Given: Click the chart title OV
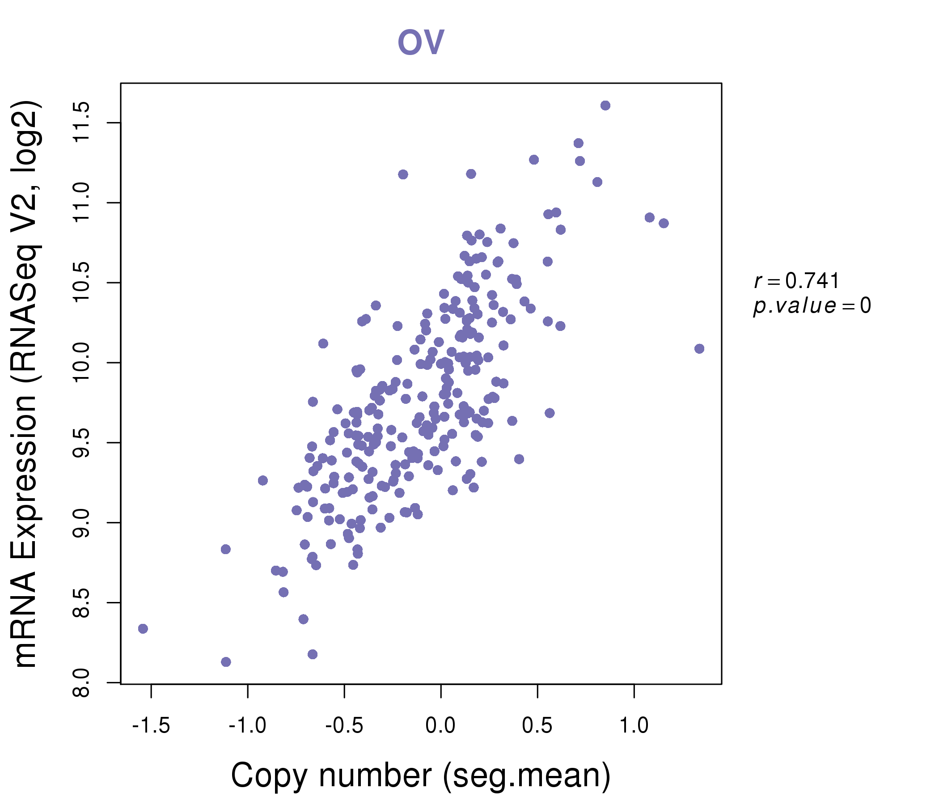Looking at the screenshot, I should (421, 42).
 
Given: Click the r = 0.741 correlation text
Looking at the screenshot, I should (796, 281).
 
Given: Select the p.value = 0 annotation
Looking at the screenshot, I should (812, 306).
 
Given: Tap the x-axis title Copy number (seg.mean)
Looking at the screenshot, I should (421, 775).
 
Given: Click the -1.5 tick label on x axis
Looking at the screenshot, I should (151, 726).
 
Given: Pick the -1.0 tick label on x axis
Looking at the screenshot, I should (247, 726).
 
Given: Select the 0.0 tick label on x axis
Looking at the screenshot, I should (440, 726).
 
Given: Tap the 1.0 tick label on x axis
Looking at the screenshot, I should (634, 726).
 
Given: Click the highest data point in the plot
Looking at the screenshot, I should (605, 106).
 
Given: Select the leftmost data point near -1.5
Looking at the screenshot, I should (143, 629).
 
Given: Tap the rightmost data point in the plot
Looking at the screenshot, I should (699, 348).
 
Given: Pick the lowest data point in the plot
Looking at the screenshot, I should (226, 662).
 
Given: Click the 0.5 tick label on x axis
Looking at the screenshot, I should (537, 726).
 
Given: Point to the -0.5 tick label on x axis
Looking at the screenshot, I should (344, 726).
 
